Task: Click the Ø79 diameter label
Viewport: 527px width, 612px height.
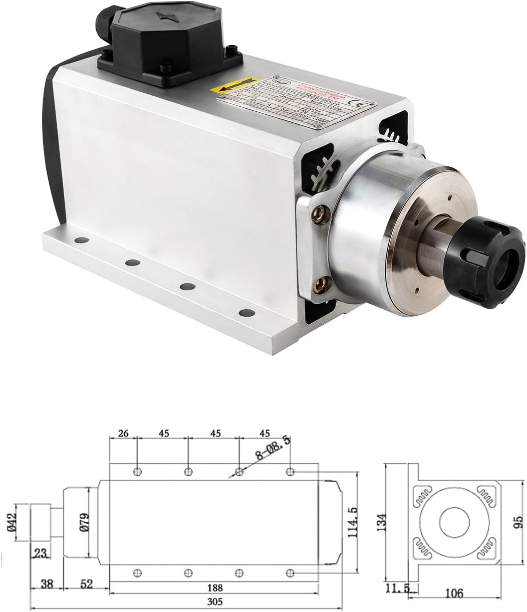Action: [x=83, y=522]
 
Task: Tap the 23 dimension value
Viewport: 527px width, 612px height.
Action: [x=41, y=554]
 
